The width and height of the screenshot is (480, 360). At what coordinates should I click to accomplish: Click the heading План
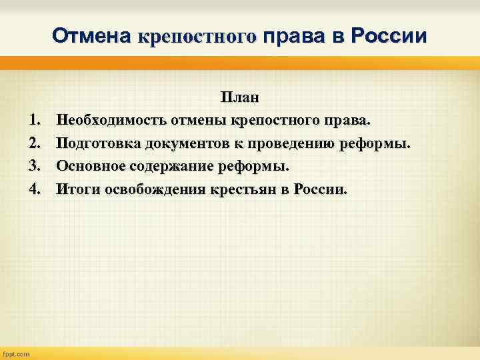click(240, 98)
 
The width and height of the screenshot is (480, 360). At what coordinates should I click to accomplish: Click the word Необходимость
click(111, 121)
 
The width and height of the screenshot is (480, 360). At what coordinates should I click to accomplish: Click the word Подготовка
click(98, 143)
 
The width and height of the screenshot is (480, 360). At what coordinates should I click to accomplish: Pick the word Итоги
click(77, 189)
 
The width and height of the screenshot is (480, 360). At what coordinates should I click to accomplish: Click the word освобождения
click(153, 189)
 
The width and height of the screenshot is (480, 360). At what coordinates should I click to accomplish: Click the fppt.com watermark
click(17, 354)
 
